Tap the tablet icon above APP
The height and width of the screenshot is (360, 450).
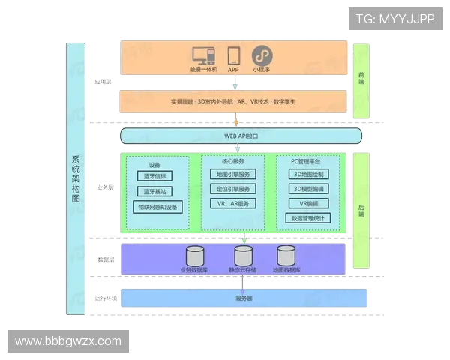tap(233, 55)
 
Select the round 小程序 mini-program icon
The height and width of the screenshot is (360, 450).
tap(261, 55)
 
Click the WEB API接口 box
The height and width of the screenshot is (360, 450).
tap(241, 136)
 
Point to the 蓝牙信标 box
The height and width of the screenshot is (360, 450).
tap(155, 176)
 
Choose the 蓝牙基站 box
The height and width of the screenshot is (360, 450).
tap(155, 190)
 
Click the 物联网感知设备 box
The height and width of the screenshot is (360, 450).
tap(157, 205)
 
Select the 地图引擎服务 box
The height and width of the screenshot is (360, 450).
tap(232, 175)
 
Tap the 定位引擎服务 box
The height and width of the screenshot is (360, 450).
tap(232, 189)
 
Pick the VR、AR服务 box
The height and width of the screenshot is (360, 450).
tap(232, 203)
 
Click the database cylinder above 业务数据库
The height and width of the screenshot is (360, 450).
tap(196, 254)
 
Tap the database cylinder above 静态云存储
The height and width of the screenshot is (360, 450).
tap(244, 254)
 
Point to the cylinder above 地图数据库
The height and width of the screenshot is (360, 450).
tap(286, 254)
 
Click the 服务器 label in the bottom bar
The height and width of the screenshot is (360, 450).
tap(244, 298)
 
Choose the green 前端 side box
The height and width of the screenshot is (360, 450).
tap(361, 81)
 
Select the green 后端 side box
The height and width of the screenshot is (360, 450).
tap(361, 211)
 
